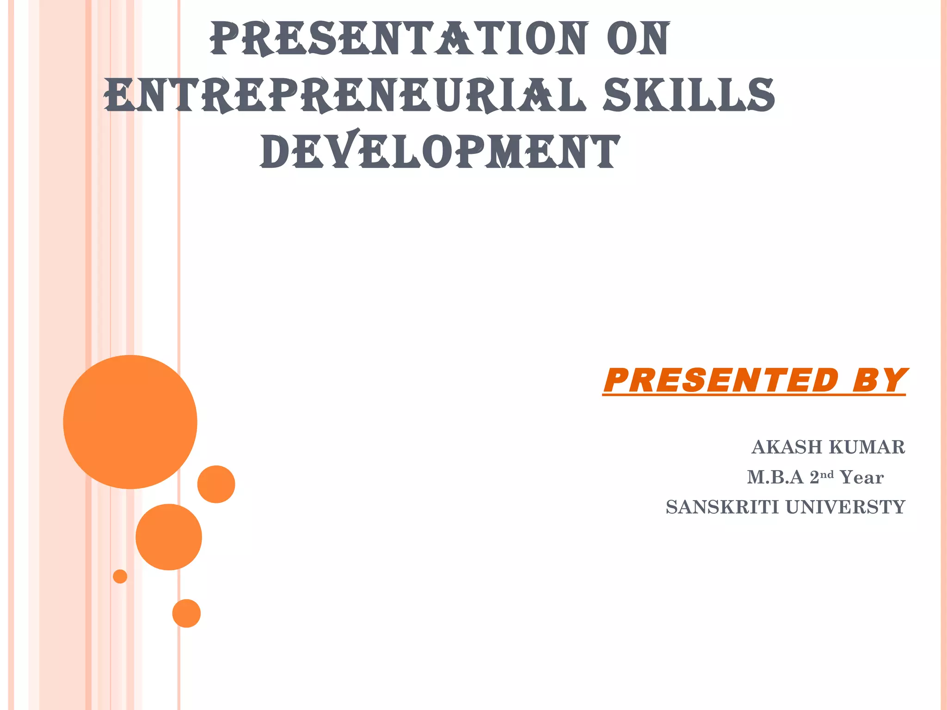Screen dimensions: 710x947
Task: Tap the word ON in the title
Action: pos(638,39)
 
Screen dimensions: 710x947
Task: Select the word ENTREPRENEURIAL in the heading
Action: pos(345,95)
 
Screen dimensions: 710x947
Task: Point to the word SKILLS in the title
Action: pos(689,95)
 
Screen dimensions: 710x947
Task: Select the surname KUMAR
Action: pos(867,447)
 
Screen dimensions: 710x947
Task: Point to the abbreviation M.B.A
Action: pos(775,477)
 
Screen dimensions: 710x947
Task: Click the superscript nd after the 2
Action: pos(827,474)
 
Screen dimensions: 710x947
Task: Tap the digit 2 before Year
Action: pos(814,477)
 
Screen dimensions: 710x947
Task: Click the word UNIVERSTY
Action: pos(845,507)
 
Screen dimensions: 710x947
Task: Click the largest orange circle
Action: pos(130,422)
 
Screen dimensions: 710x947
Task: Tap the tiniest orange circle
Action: pos(120,576)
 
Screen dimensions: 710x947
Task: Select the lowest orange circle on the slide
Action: pos(186,613)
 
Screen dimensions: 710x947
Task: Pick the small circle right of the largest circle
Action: pos(216,484)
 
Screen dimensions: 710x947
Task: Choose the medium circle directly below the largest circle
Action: pos(169,537)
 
